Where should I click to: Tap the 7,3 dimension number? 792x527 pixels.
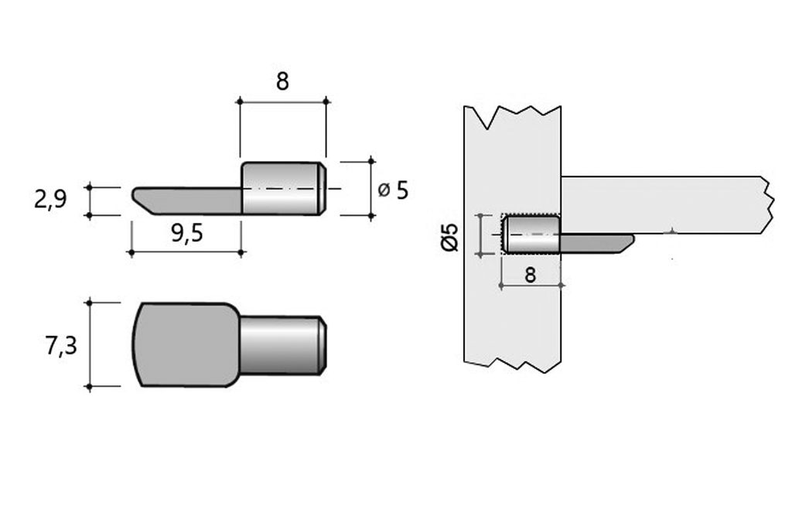tap(61, 345)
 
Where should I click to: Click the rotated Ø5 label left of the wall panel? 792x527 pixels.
tap(451, 236)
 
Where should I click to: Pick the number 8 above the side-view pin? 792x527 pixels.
tap(282, 81)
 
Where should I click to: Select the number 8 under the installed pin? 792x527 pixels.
tap(531, 275)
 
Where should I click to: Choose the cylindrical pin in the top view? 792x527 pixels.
tap(280, 344)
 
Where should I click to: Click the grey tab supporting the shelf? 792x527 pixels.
tap(596, 244)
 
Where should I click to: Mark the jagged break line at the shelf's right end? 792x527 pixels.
tap(766, 205)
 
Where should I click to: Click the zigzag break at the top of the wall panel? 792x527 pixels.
tap(512, 118)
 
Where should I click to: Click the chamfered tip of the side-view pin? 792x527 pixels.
tap(323, 188)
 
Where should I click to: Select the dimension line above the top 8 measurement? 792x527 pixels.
tap(282, 101)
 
